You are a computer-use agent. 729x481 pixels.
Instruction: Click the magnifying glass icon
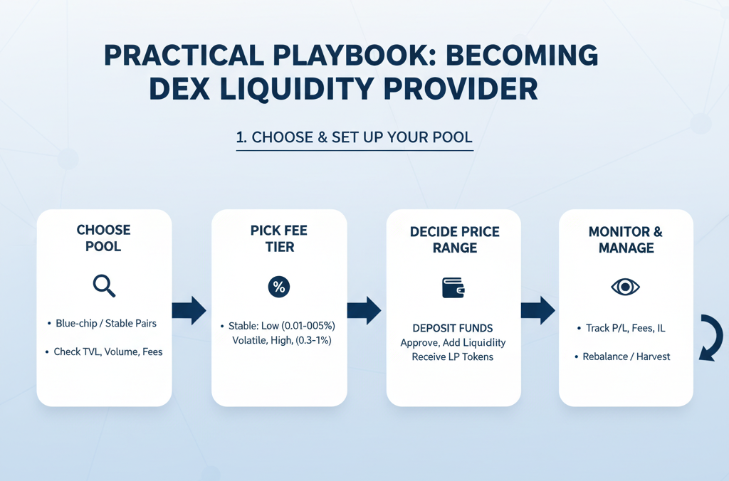(104, 286)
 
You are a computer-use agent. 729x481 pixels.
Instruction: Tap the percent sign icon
(279, 287)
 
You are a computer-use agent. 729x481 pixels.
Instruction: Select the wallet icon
(453, 287)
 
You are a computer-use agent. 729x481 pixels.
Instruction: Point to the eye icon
(625, 287)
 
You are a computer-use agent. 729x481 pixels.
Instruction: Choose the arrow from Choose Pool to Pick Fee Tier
(189, 310)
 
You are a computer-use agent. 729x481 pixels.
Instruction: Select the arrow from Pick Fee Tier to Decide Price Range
(364, 310)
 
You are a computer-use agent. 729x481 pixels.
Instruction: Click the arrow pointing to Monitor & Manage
(538, 310)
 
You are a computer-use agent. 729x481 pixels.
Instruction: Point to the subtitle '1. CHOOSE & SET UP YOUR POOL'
(355, 137)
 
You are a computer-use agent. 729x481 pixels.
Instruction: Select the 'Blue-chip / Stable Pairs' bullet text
(106, 324)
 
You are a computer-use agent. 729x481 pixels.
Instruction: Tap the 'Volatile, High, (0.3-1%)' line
(282, 340)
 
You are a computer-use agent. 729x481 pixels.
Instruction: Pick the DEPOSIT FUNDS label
(453, 328)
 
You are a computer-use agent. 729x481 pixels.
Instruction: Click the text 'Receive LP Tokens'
(453, 357)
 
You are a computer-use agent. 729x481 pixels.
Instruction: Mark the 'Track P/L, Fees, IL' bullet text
(625, 328)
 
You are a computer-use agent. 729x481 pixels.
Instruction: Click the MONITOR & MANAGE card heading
(626, 240)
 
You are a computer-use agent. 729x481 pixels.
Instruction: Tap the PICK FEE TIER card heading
(279, 238)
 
